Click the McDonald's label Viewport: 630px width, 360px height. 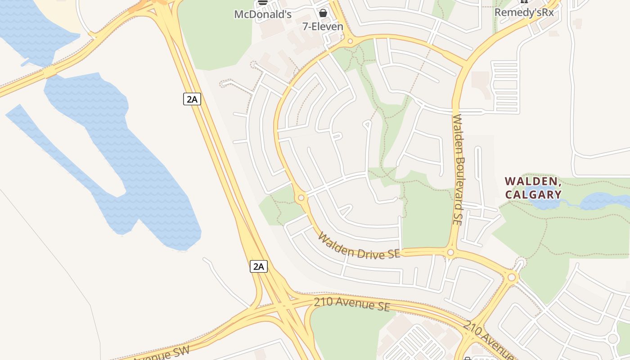[x=263, y=14]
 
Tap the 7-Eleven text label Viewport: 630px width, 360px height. [x=323, y=27]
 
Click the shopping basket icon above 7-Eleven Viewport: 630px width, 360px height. [x=323, y=13]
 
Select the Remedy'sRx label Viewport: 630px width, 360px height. [x=524, y=12]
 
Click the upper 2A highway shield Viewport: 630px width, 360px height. [x=192, y=99]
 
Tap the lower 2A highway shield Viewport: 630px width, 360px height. [x=259, y=266]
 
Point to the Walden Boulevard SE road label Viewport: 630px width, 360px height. [x=458, y=170]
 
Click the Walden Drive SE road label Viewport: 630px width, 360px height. [x=359, y=246]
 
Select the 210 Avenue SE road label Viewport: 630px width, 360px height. [x=351, y=304]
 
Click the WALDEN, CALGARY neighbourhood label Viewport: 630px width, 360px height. [x=533, y=188]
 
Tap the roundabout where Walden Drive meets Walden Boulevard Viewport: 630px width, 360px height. [x=450, y=252]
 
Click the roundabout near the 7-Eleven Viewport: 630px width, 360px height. [x=350, y=42]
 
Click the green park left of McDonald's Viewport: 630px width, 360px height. [x=216, y=36]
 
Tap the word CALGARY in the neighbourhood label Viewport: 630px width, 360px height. [x=533, y=194]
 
